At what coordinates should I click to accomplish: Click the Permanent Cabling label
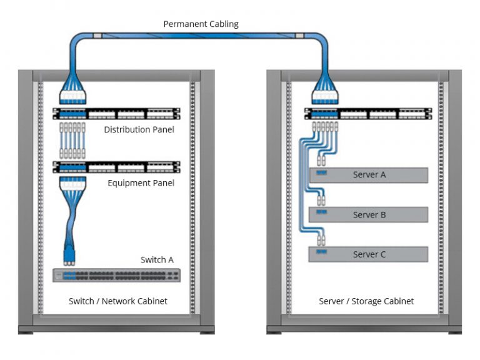(x=201, y=24)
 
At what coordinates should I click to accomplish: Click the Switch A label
(x=157, y=259)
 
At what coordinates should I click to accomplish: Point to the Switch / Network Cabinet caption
(x=118, y=301)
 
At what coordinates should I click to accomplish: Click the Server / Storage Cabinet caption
(x=366, y=301)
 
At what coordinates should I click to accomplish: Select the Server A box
(x=369, y=175)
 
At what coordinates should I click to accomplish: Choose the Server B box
(x=369, y=215)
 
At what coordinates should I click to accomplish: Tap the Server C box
(x=369, y=254)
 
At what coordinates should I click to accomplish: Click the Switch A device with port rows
(x=116, y=275)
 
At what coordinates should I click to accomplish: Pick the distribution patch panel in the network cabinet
(x=116, y=114)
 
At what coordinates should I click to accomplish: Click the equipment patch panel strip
(x=116, y=167)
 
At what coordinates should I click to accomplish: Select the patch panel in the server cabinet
(x=367, y=114)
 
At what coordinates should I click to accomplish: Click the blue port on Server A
(x=322, y=173)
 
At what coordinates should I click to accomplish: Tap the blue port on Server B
(x=322, y=213)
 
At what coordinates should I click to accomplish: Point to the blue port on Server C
(x=322, y=252)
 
